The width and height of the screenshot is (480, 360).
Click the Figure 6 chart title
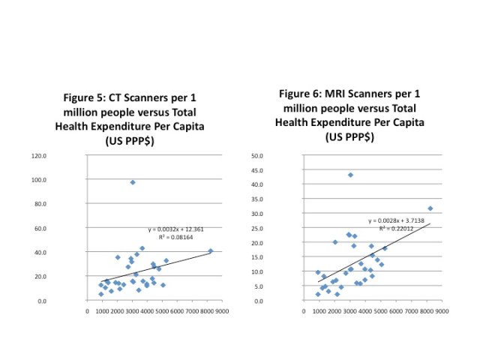[x=349, y=115]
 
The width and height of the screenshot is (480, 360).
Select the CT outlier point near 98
[x=133, y=182]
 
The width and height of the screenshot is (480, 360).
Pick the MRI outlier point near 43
[x=350, y=175]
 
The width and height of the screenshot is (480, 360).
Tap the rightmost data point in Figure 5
[x=211, y=251]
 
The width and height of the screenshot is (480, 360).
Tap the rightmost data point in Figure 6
[x=430, y=208]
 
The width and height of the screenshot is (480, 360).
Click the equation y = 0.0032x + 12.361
[x=176, y=228]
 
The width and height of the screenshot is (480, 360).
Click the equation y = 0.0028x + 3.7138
[x=395, y=221]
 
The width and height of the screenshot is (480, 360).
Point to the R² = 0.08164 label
[x=176, y=236]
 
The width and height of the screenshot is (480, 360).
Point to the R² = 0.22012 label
[x=395, y=229]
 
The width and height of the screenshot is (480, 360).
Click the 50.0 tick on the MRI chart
[x=277, y=156]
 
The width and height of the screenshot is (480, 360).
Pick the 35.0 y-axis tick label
[x=277, y=199]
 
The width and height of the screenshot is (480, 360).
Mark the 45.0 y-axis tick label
[x=277, y=170]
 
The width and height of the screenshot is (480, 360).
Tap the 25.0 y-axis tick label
[x=277, y=229]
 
